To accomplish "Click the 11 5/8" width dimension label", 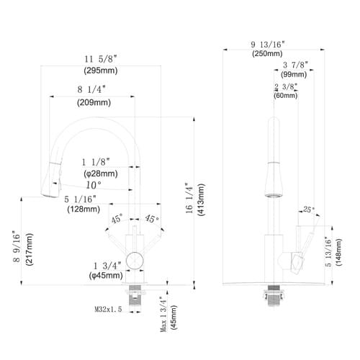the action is coord(101,59).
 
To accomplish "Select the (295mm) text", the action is coord(101,71).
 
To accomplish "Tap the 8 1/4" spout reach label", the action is coord(91,89).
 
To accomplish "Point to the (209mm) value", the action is coord(94,102).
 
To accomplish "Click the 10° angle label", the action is coord(94,185).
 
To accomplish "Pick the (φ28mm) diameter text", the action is coord(101,174).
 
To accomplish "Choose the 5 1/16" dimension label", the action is coord(81,199).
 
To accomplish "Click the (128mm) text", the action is coord(84,209).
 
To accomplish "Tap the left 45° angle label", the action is coord(117,219).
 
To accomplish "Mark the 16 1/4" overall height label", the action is coord(189,198).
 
